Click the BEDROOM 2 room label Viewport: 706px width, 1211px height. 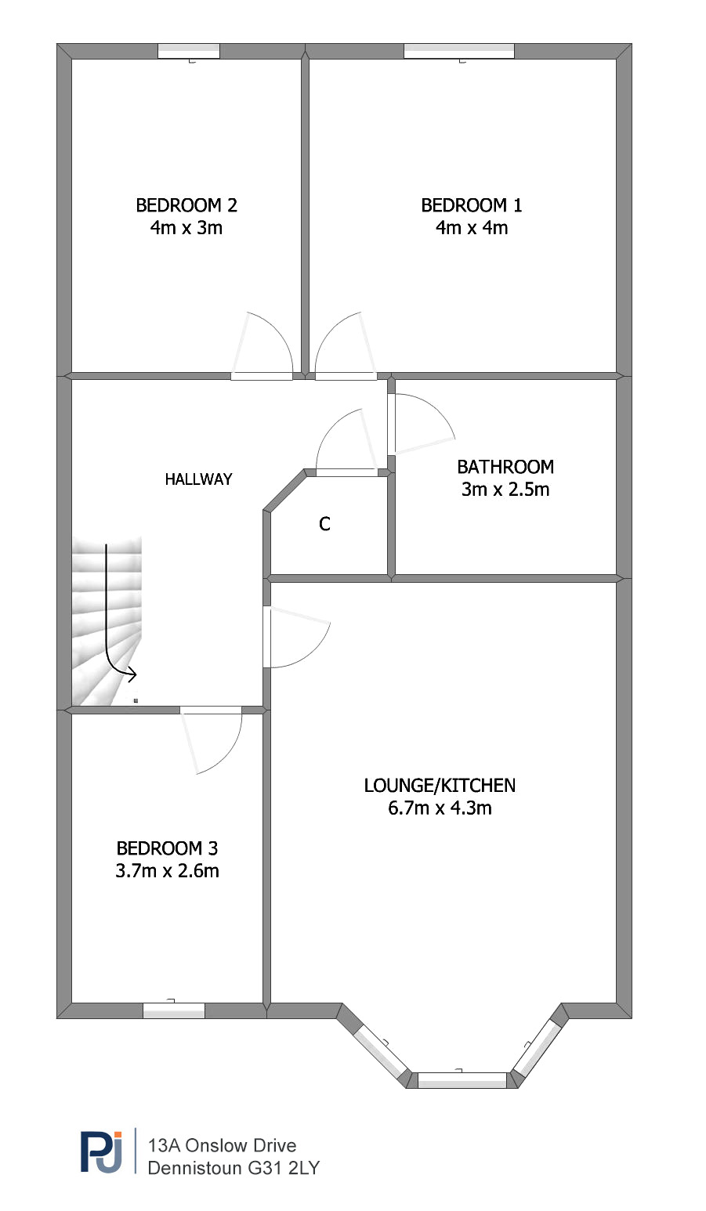(x=186, y=205)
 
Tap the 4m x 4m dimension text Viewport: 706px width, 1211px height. (x=472, y=228)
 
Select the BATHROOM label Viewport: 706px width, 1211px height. (x=505, y=467)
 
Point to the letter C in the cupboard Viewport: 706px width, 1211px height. (x=324, y=524)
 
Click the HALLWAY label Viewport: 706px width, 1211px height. (x=198, y=479)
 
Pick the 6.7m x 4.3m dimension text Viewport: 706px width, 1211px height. (x=440, y=808)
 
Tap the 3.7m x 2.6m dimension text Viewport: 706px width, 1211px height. (x=167, y=871)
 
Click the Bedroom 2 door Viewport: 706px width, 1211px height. (x=262, y=346)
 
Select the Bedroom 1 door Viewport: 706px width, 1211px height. (x=346, y=346)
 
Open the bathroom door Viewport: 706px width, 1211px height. (x=421, y=424)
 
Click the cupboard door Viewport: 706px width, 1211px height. (x=347, y=443)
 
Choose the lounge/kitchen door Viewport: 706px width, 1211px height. (x=296, y=637)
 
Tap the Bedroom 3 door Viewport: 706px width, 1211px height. (x=211, y=739)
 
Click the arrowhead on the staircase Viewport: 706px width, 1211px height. (x=132, y=674)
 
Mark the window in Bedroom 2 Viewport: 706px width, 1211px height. (x=189, y=51)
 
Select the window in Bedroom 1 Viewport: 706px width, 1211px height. (x=459, y=51)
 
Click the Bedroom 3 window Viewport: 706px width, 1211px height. (x=174, y=1010)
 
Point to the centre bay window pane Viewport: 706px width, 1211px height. (x=462, y=1080)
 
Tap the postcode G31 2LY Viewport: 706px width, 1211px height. (x=284, y=1168)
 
